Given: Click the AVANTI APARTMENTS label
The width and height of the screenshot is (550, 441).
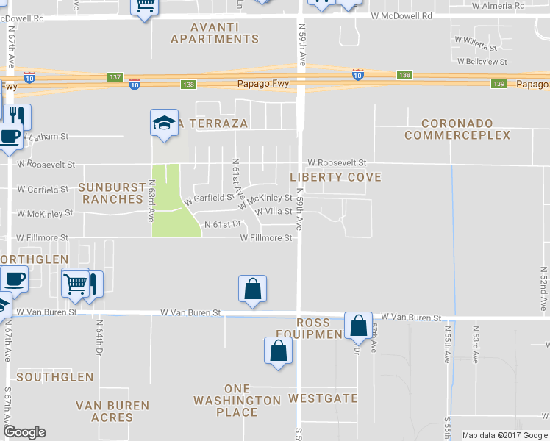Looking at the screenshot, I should click(214, 32).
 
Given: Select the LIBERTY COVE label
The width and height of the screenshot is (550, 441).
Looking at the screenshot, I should click(335, 177).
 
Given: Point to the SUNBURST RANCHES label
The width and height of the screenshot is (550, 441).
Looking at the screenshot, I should click(111, 193).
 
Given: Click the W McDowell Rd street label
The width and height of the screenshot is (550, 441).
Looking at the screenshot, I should click(412, 15).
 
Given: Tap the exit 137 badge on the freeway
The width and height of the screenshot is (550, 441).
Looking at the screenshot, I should click(115, 77).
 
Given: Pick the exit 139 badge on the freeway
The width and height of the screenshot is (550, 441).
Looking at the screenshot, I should click(499, 84).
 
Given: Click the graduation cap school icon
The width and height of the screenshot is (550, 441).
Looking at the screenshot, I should click(165, 123).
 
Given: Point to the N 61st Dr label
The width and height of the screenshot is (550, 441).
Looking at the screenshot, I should click(223, 224).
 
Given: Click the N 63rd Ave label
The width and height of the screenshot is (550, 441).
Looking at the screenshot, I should click(151, 201).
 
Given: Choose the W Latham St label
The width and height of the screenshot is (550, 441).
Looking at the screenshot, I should click(46, 136).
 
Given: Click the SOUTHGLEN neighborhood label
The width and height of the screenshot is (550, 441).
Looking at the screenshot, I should click(54, 377).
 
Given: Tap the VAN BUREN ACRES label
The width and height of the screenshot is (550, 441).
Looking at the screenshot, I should click(113, 411).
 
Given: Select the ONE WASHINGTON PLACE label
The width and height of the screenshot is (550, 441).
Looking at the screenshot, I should click(237, 400).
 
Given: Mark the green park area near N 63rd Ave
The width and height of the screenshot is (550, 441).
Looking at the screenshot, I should click(174, 213).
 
